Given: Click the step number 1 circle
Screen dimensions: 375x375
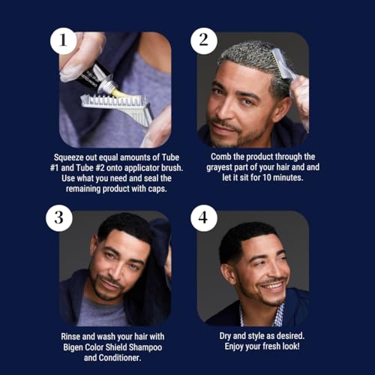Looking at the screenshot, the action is pos(63,41).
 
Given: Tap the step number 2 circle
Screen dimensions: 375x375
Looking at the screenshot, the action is pos(204,41).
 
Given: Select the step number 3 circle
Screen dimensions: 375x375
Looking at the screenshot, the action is pos(59,218).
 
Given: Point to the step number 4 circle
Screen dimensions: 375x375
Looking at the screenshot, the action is pos(204,218).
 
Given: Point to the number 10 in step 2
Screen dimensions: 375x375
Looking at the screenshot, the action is pos(267,178).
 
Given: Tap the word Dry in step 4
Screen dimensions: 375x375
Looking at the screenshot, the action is pos(225,336).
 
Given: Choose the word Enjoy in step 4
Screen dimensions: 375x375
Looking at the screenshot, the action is pos(234,346).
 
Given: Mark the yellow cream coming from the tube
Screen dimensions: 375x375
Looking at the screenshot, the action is pos(117,93).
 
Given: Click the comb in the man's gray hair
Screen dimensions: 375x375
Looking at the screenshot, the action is pos(282,65).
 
